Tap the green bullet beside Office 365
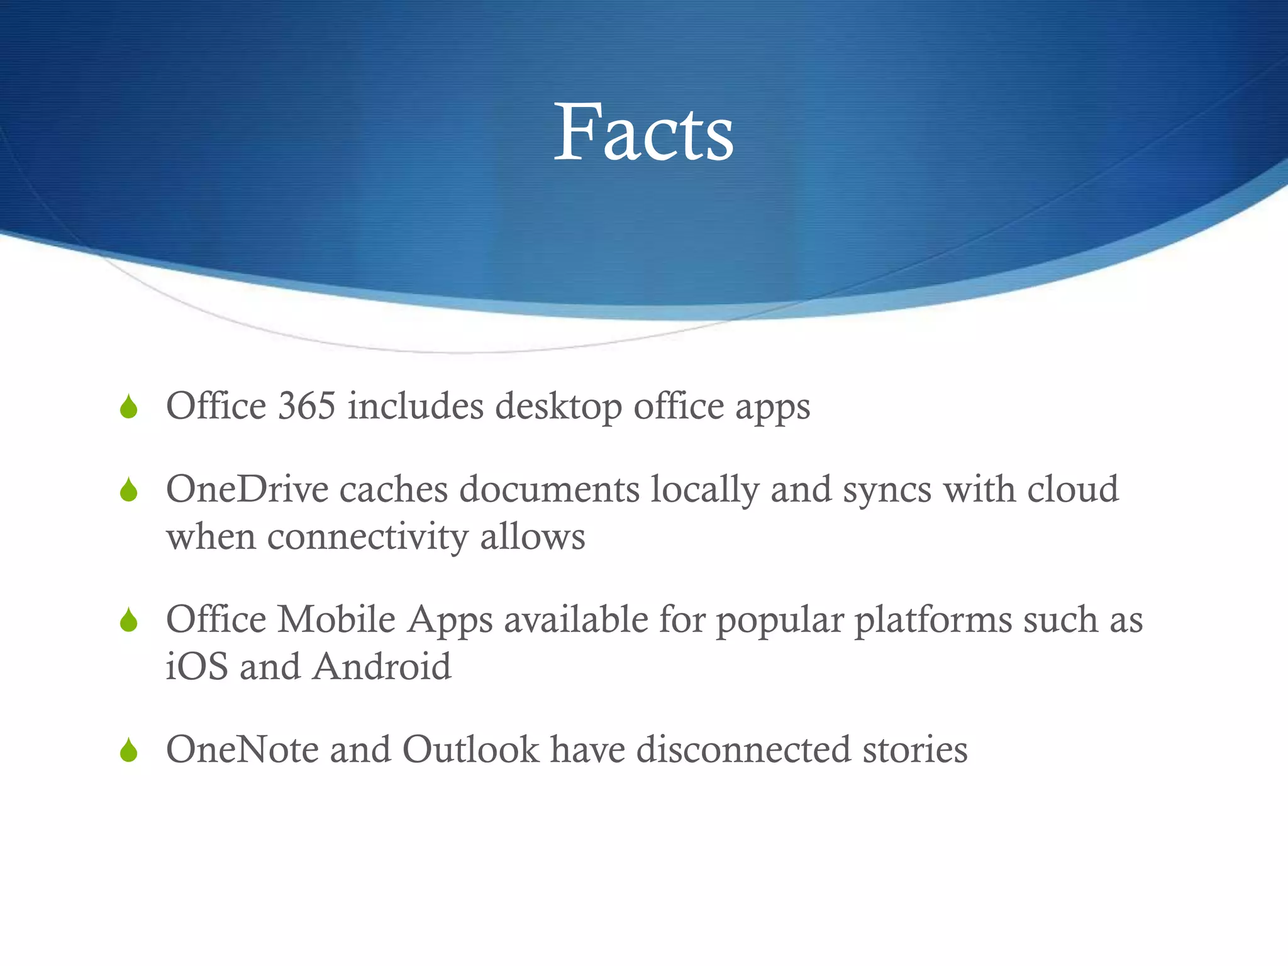(129, 407)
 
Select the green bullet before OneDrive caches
(129, 490)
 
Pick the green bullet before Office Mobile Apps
(129, 620)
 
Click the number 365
(306, 406)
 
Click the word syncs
(887, 491)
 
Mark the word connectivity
(367, 537)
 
